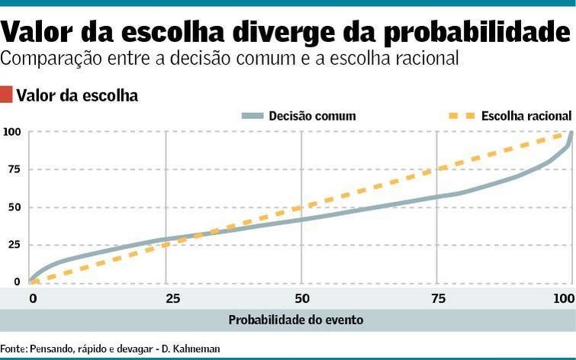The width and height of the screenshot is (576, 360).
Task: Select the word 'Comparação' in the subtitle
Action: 56,58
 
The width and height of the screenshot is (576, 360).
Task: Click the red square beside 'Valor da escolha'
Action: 7,95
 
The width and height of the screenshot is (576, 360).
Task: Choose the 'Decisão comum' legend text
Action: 312,116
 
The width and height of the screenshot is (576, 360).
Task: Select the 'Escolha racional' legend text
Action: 526,116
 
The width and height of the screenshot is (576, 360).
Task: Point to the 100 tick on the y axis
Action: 11,133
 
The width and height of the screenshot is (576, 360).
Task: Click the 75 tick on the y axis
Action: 13,169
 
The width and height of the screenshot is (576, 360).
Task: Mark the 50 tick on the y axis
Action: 13,207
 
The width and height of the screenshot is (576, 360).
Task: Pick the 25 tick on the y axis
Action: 13,244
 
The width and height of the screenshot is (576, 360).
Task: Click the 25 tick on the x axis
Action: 166,297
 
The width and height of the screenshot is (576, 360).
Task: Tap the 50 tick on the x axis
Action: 302,297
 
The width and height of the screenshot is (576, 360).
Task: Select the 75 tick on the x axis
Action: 437,297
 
